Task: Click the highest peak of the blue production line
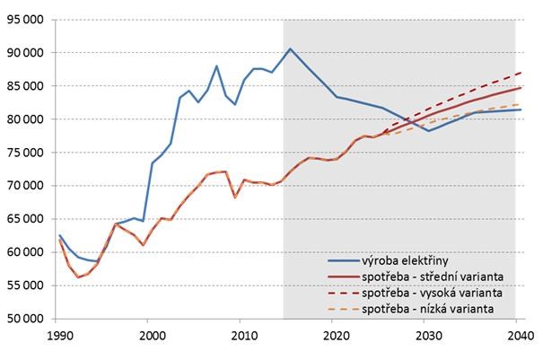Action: (x=290, y=48)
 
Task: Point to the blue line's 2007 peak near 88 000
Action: (x=216, y=66)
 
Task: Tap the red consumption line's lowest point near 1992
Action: (x=76, y=277)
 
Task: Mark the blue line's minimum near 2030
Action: (x=429, y=131)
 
